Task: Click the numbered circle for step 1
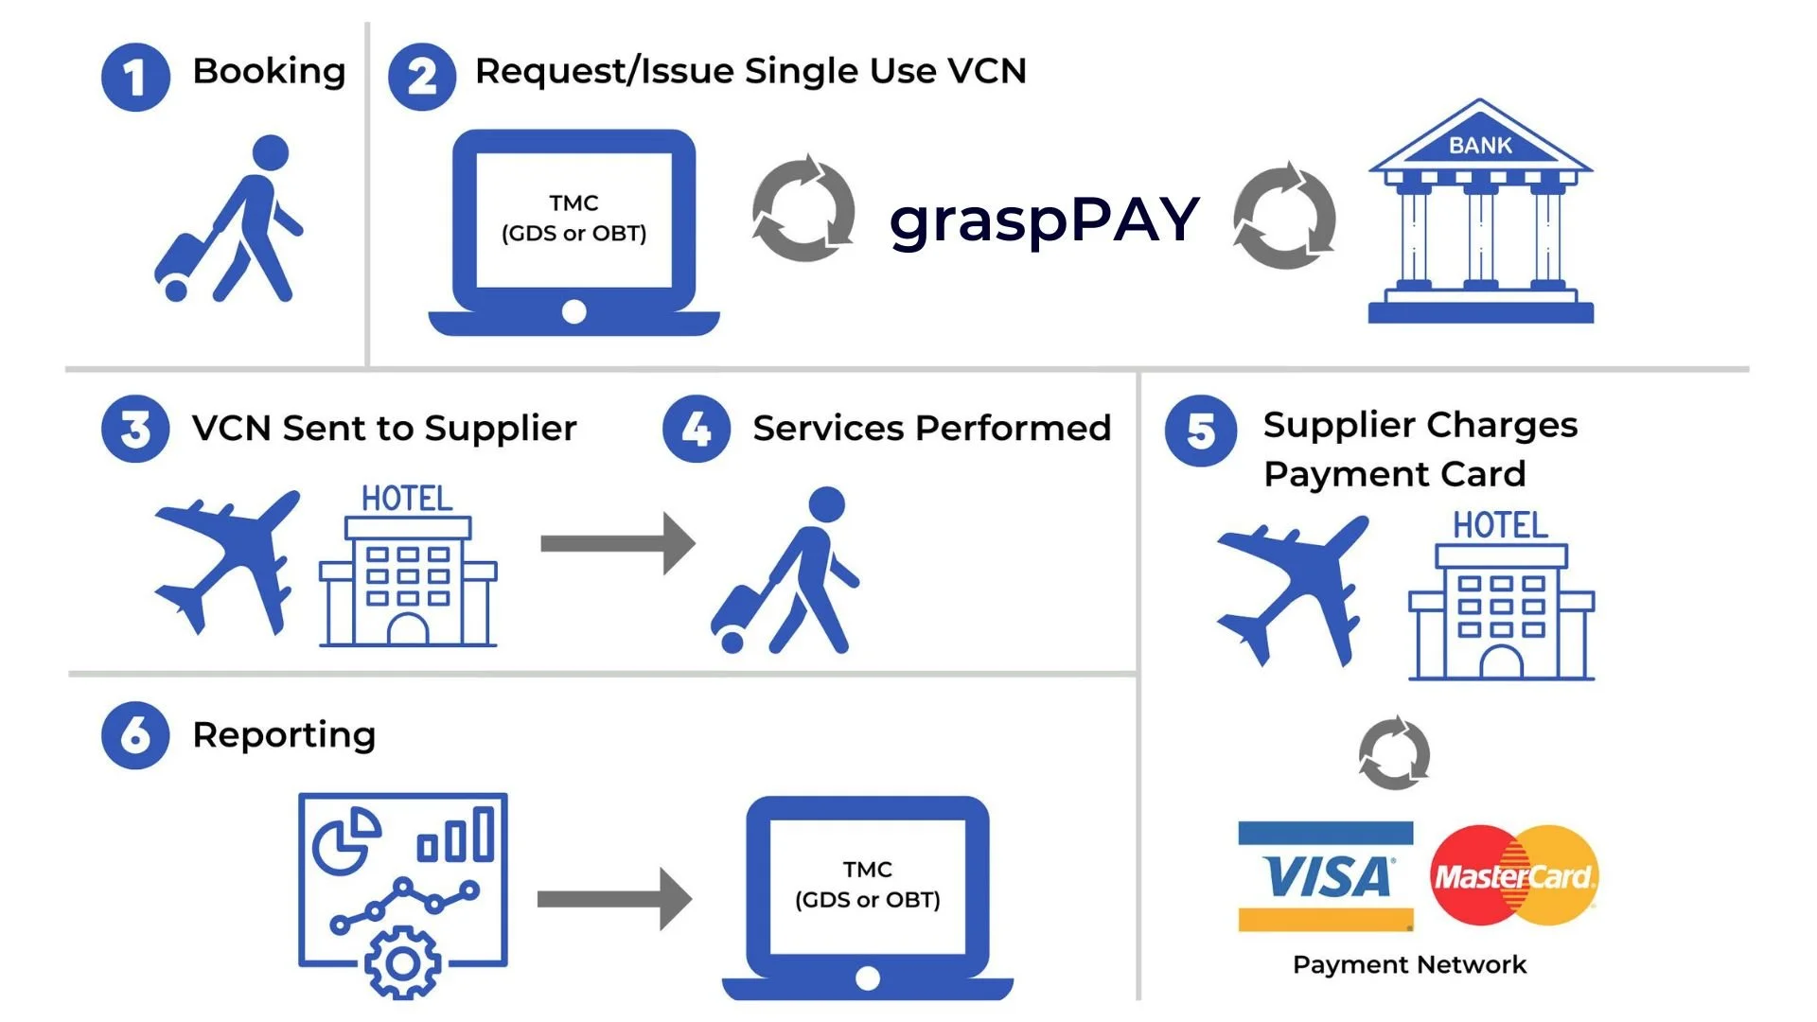[135, 78]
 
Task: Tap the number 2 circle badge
[422, 78]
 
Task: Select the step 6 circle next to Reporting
[135, 735]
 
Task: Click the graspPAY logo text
[1044, 220]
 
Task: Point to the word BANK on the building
[1480, 146]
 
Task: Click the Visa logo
[1326, 876]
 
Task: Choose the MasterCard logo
[1514, 875]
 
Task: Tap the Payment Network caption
[1409, 964]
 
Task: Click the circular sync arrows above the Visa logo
[1394, 753]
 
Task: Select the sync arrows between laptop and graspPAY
[803, 209]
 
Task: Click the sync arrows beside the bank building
[1284, 217]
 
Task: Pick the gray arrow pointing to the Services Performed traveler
[617, 543]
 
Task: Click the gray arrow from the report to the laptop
[614, 899]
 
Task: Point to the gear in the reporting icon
[403, 963]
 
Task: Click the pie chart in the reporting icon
[345, 840]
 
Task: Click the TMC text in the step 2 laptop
[573, 203]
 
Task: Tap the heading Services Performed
[931, 429]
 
